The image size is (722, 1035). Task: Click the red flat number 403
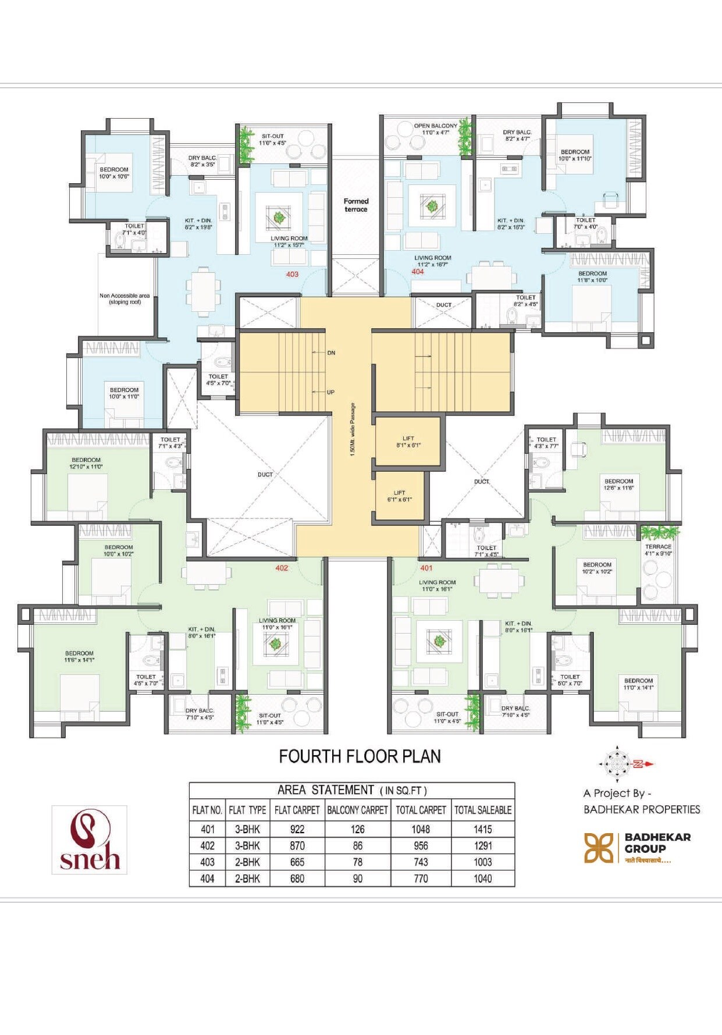[x=292, y=274]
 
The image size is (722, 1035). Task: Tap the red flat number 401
[x=426, y=568]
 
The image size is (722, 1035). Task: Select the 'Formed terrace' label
[x=356, y=205]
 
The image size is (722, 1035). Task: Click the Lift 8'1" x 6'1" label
[x=408, y=442]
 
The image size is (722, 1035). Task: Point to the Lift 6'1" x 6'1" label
[x=399, y=496]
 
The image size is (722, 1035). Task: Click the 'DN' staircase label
[x=331, y=353]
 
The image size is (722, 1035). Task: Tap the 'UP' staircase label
[x=330, y=392]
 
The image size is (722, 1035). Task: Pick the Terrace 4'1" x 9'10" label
[x=658, y=550]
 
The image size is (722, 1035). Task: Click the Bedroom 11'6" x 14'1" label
[x=79, y=656]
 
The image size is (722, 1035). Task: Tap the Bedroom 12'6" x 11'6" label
[x=618, y=484]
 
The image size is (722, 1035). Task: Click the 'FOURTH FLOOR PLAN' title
[x=360, y=756]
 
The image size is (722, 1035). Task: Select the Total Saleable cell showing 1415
[x=483, y=829]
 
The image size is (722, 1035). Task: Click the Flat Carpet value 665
[x=297, y=862]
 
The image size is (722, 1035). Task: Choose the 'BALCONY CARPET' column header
[x=357, y=810]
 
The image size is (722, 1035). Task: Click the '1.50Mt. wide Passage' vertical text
[x=353, y=429]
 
